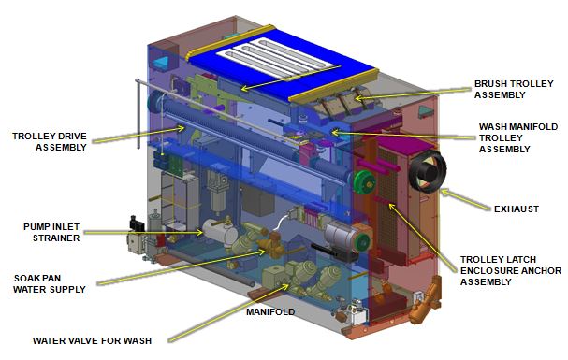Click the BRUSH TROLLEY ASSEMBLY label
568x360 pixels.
[514, 90]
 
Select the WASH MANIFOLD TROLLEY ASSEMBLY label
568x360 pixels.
[518, 137]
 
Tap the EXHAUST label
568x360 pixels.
[517, 209]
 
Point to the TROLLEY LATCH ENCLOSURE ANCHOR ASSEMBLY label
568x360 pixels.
[510, 270]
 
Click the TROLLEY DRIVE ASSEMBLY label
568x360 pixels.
[50, 142]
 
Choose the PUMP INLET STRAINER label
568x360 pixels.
[51, 232]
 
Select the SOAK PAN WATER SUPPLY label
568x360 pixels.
[50, 283]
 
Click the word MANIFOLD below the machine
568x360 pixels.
[270, 312]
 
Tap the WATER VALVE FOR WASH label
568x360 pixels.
[92, 340]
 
